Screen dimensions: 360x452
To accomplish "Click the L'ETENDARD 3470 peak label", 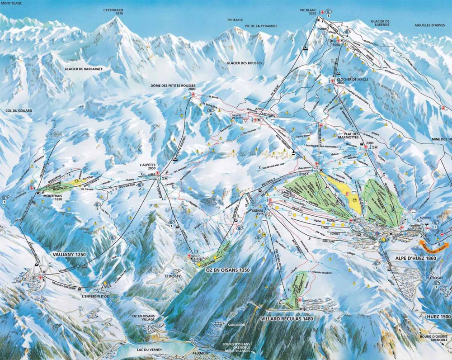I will coord(113,11).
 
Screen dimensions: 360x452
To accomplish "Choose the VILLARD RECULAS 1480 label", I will coord(287,318).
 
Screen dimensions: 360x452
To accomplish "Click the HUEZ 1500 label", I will coord(438,317).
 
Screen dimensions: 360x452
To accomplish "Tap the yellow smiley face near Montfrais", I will coord(77,181).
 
